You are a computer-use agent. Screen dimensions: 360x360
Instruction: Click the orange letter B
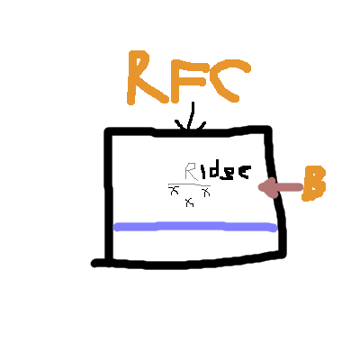point(314,184)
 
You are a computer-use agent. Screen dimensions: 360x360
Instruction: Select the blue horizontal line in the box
point(195,227)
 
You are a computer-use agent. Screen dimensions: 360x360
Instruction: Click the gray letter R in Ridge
point(191,172)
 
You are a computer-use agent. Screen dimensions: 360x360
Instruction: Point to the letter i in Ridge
point(204,172)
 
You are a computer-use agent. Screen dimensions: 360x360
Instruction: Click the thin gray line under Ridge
point(189,184)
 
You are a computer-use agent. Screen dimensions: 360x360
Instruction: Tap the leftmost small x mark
point(174,190)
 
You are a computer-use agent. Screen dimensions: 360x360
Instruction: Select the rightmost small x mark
point(206,193)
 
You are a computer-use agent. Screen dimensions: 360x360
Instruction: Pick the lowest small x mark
point(190,202)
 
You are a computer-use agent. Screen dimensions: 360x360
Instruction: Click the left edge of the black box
point(109,195)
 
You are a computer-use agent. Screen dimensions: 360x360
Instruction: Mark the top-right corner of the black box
point(268,130)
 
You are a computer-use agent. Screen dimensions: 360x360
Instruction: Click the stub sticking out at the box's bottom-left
point(98,264)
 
